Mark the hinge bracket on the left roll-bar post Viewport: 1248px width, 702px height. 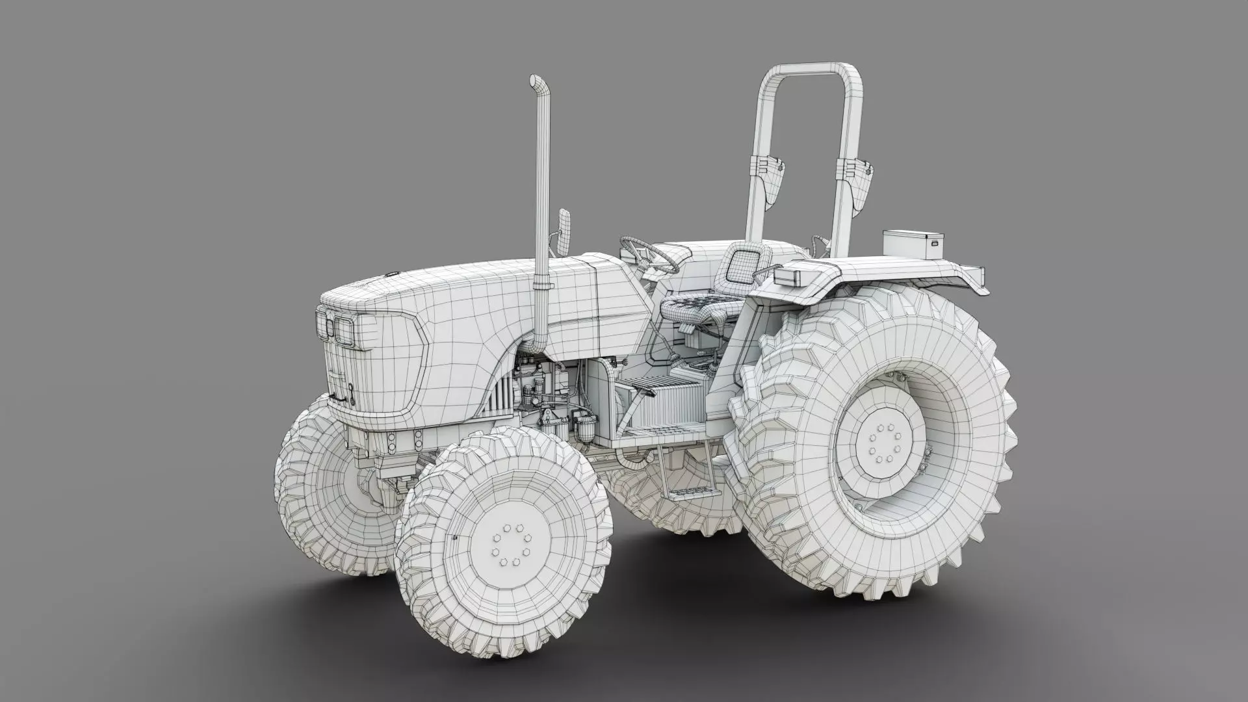click(x=771, y=175)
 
